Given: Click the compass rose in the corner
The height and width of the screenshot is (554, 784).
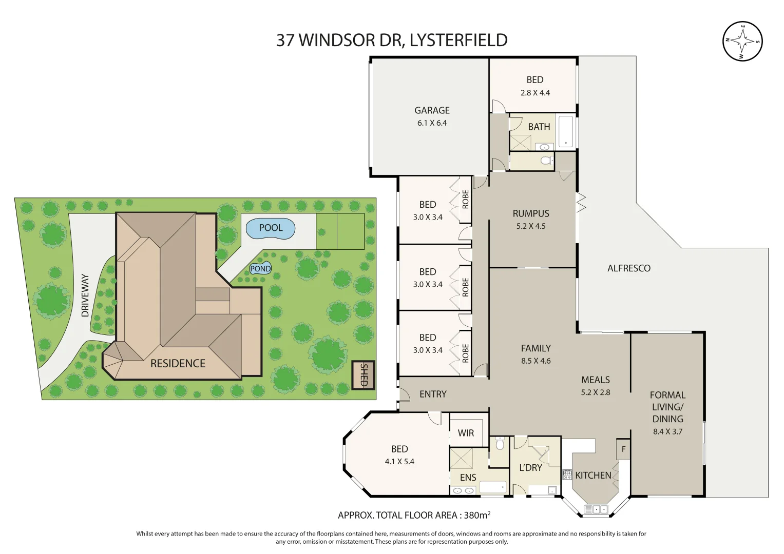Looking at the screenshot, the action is (x=742, y=41).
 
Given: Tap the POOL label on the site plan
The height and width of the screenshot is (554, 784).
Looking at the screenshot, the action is (x=271, y=228).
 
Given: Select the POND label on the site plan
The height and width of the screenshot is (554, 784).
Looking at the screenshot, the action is (x=261, y=269).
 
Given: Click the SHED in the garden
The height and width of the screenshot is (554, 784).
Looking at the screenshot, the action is (x=364, y=375).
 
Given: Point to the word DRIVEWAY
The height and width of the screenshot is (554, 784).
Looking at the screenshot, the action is (x=85, y=295).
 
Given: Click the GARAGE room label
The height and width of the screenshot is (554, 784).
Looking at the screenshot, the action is (x=432, y=110).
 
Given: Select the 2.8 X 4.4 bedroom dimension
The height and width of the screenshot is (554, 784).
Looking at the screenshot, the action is (x=535, y=93).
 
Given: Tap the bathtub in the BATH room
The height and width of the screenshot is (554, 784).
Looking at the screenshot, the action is (x=566, y=131).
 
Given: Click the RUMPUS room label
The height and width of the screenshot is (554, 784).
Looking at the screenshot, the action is (x=531, y=213).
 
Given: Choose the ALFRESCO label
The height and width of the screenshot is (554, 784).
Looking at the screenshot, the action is (x=629, y=268).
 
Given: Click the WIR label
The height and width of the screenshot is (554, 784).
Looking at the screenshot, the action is (x=466, y=433).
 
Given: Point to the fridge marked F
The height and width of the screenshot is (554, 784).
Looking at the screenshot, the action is (x=623, y=449).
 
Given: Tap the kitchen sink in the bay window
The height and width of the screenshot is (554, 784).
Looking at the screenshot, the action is (x=596, y=509).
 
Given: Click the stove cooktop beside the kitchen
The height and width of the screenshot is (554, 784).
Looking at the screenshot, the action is (x=567, y=474).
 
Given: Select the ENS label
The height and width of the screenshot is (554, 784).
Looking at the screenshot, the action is (x=468, y=478).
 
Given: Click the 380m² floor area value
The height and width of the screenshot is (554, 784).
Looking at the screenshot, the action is (x=477, y=515).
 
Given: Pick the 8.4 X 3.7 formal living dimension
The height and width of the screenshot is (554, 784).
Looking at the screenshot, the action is (x=668, y=431).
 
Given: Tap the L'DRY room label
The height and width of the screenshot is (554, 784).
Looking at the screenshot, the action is (x=530, y=468).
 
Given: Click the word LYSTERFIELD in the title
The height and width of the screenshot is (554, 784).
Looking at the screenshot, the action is (x=458, y=40).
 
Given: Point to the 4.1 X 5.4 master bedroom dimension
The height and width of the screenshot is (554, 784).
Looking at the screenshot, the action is (x=399, y=462).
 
